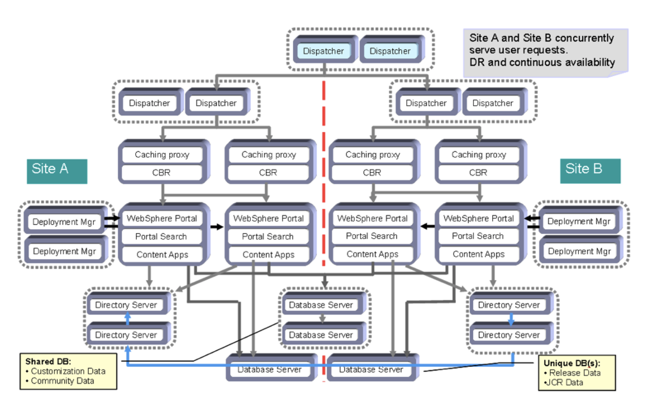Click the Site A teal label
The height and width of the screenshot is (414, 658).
click(56, 170)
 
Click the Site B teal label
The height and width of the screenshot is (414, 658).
click(590, 170)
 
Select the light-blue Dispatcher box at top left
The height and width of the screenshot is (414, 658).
click(323, 51)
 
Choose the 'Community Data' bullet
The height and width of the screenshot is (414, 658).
click(62, 381)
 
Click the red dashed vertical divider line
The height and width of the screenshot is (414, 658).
click(325, 148)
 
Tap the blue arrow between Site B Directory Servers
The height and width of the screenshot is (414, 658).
click(511, 320)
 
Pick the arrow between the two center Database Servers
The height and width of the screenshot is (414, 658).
click(322, 319)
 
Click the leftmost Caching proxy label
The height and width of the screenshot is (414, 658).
click(162, 155)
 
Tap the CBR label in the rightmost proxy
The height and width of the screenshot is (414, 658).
click(478, 173)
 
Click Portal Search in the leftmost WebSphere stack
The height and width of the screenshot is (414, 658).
click(161, 237)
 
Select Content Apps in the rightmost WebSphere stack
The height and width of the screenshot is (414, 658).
click(478, 254)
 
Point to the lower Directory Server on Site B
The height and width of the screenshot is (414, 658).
click(509, 335)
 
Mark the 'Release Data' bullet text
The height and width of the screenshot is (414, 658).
click(574, 373)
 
